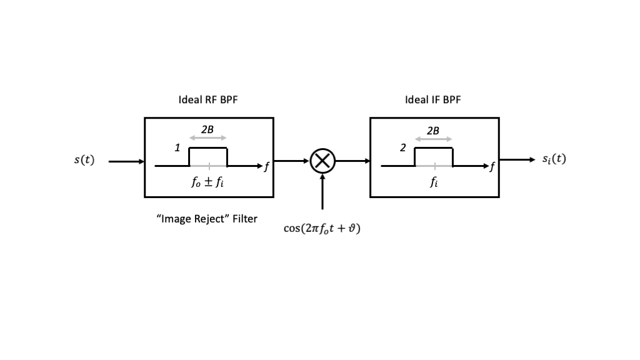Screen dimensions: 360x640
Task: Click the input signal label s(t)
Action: tap(84, 160)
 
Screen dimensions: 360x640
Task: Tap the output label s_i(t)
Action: tap(553, 159)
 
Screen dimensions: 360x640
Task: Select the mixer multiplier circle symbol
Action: tap(322, 161)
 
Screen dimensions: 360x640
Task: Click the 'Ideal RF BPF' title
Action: tap(208, 100)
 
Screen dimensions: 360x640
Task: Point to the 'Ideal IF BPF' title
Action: tap(433, 100)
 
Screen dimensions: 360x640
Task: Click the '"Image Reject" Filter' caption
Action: tap(206, 219)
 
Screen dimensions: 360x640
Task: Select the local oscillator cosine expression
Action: tap(322, 229)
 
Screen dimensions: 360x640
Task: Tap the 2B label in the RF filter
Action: tap(207, 129)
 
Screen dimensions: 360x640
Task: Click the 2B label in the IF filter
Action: tap(433, 130)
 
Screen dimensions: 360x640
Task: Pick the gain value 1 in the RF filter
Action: tap(177, 148)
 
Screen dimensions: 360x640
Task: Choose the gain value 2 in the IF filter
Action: tap(403, 148)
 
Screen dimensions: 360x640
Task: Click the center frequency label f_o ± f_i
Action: tap(207, 184)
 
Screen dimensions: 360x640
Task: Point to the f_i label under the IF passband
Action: tap(434, 183)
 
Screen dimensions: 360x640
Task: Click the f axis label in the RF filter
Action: tap(267, 166)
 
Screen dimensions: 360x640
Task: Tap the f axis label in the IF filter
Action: tap(492, 166)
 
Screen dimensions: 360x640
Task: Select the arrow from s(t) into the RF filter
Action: tap(126, 161)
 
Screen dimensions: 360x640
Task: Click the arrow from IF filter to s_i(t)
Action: tap(517, 159)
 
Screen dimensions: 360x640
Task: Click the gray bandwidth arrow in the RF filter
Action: tap(207, 138)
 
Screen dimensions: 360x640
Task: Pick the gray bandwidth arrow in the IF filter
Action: tap(433, 139)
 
